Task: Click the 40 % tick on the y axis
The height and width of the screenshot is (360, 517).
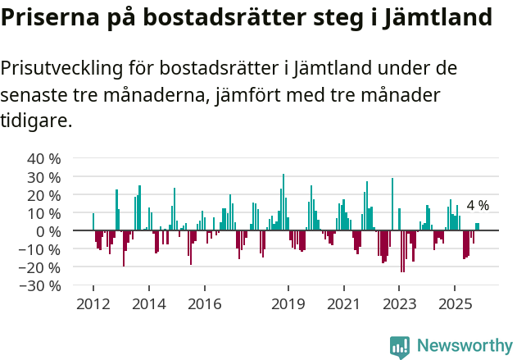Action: coord(44,158)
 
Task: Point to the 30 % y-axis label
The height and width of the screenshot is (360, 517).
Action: coord(44,177)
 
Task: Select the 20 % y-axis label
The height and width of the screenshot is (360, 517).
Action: coord(44,195)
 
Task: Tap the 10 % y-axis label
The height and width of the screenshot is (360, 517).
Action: coord(44,213)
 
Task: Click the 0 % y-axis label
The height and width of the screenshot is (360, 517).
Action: coord(48,231)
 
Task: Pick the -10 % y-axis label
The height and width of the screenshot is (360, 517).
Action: coord(41,249)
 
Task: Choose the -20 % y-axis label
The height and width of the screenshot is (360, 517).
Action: coord(41,267)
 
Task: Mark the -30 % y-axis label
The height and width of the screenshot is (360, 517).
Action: coord(41,285)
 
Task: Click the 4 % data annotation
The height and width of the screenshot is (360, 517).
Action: coord(478,206)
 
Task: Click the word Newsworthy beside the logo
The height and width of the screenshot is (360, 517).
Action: coord(464,346)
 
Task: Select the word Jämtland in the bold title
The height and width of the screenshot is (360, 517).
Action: coord(442,17)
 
